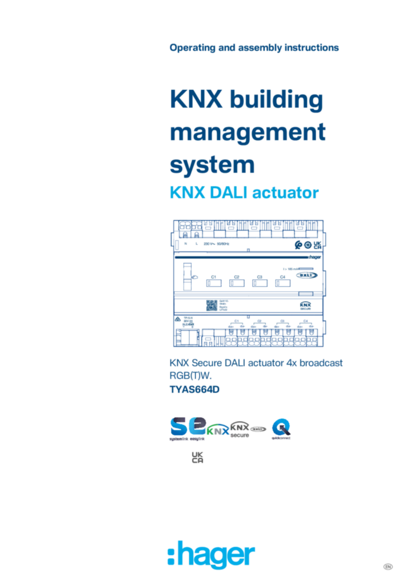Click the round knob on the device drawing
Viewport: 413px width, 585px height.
(x=308, y=245)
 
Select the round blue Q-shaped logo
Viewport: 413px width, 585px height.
(x=281, y=429)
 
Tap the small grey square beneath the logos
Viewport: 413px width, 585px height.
(x=196, y=456)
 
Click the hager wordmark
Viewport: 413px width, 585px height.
(x=219, y=555)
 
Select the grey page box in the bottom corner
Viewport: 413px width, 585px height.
(x=387, y=566)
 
